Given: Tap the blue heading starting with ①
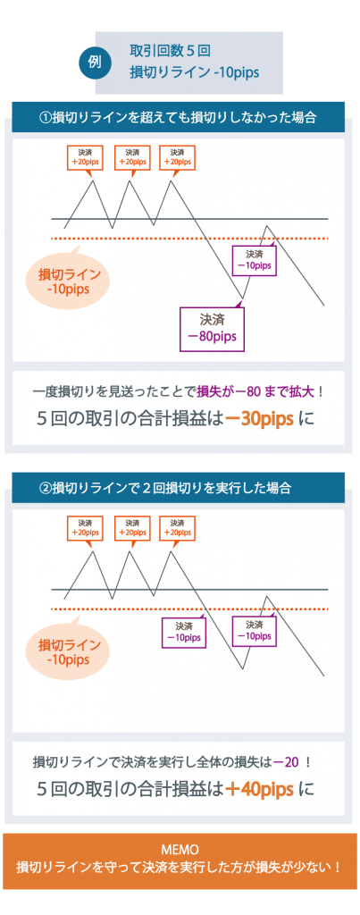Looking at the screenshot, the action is coord(178,117).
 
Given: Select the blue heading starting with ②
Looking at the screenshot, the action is coord(178,487).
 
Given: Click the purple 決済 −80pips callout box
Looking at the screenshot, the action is coord(213,329).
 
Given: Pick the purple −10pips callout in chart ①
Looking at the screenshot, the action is coord(255,260).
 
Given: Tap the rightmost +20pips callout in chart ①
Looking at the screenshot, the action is coord(178,157).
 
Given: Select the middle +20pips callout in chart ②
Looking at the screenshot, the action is coord(132,528).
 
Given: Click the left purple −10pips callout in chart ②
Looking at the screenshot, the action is coord(184,634).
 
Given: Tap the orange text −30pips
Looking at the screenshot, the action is coord(259,420).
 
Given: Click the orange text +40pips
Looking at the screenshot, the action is coord(259,790).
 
